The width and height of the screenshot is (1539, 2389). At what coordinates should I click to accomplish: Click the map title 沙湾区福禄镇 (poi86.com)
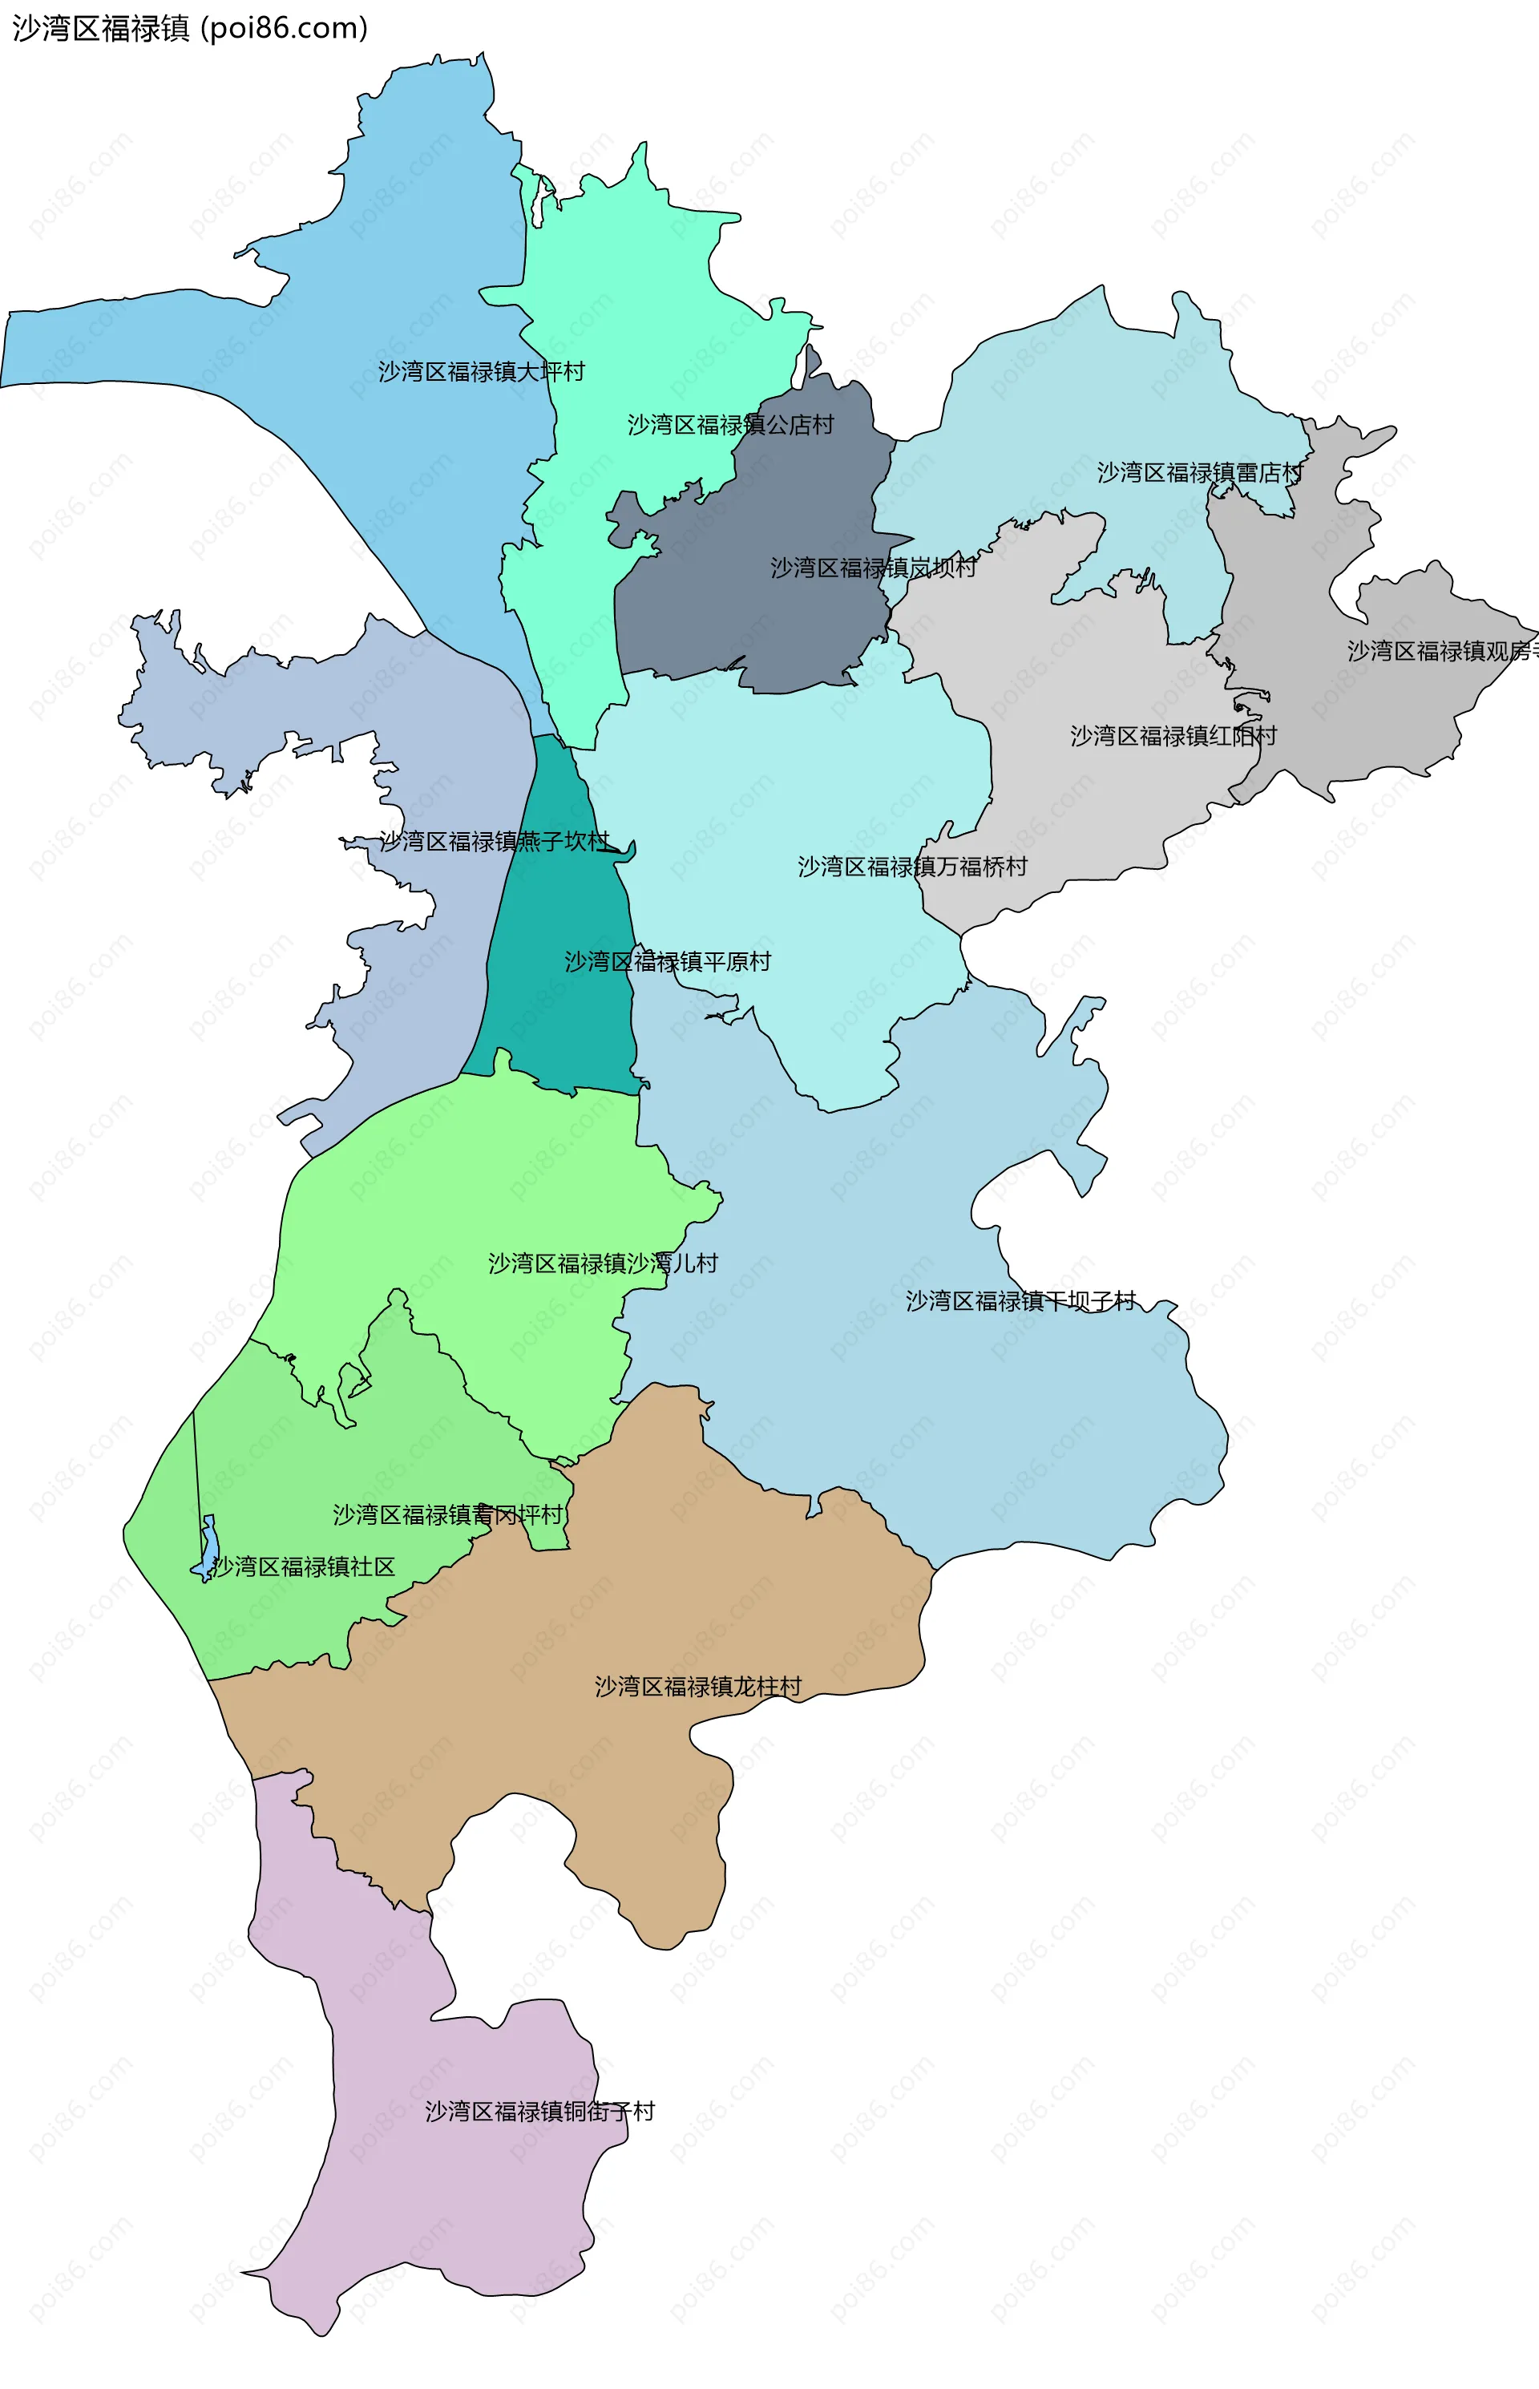190,28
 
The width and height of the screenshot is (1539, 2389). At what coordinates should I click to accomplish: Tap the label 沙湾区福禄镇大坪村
481,372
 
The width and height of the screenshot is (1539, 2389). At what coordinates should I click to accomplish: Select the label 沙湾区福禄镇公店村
730,425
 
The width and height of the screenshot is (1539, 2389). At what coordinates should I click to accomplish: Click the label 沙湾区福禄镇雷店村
1199,473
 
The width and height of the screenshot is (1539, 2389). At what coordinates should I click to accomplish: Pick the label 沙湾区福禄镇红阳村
1173,737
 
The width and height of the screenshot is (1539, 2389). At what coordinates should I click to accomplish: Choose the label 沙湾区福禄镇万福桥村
911,867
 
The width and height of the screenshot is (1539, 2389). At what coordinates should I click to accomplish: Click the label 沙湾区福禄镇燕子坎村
494,842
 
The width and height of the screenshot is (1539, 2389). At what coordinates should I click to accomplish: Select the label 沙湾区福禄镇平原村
668,961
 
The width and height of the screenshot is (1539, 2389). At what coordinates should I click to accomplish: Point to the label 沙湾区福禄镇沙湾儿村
603,1263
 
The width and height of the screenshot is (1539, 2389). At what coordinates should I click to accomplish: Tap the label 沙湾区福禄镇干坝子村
1020,1300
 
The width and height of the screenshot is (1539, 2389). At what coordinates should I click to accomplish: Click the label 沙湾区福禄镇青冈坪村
448,1514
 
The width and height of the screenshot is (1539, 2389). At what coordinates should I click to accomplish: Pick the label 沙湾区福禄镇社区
304,1566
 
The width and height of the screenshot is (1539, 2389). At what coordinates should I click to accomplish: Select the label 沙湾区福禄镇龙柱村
697,1686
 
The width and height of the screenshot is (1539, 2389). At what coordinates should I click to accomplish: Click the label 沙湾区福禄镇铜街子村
539,2111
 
